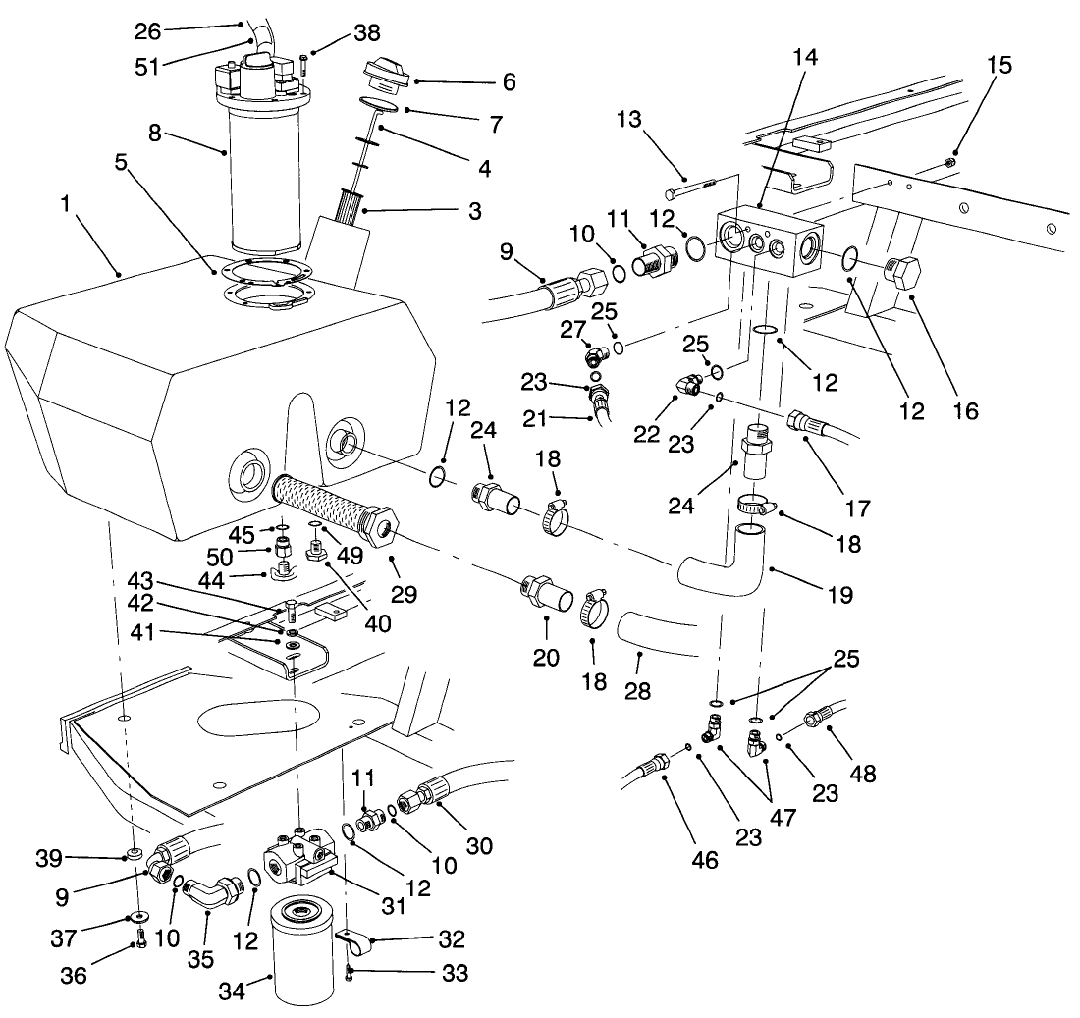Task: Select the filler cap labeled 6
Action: [388, 75]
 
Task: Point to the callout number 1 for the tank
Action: [66, 206]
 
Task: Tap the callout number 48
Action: [864, 775]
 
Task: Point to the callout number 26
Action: [147, 30]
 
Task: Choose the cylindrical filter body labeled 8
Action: [264, 187]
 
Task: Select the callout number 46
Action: [705, 861]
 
